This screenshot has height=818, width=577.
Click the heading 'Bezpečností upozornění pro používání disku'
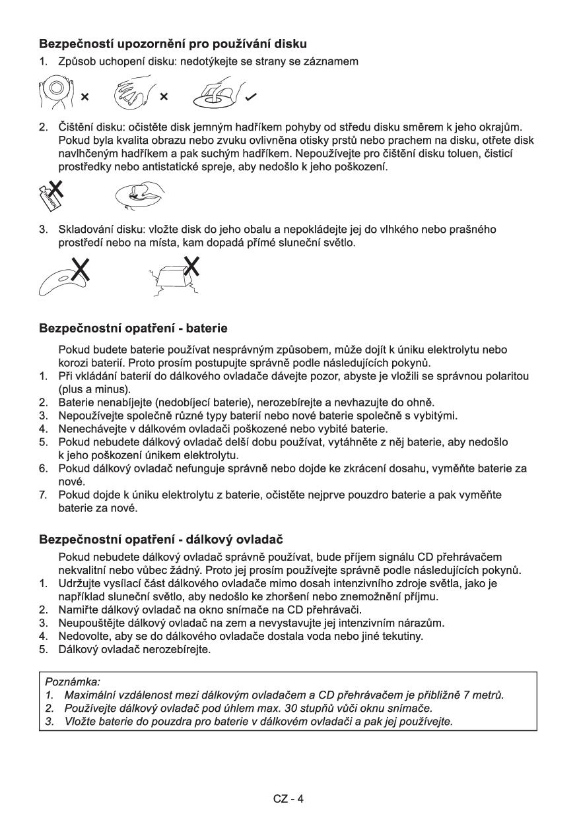coord(173,46)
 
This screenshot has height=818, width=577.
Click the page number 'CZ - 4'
coord(288,799)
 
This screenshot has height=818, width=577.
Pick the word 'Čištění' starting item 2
coord(75,129)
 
